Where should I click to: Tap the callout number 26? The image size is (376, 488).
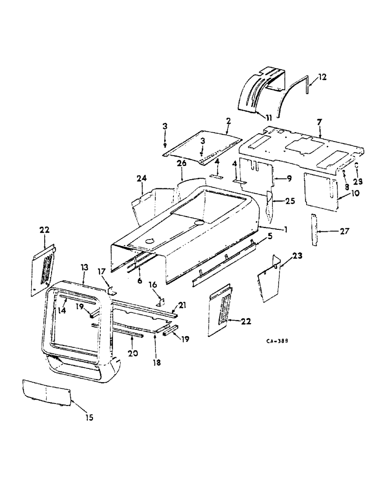point(181,163)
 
